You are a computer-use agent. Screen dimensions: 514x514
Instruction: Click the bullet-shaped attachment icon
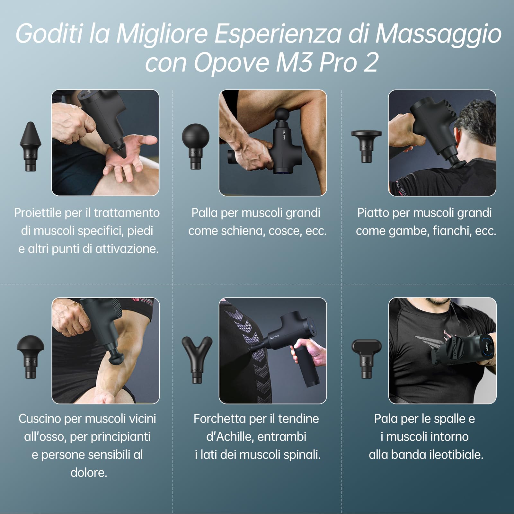coord(31,146)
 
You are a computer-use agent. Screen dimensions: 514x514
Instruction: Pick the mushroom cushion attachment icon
coord(31,355)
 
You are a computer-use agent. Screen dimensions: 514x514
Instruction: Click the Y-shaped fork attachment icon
coord(197,358)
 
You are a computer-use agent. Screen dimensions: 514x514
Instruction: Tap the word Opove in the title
coord(231,63)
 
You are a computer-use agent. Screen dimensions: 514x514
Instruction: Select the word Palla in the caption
coord(204,213)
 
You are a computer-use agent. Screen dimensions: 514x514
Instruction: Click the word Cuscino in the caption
coord(40,419)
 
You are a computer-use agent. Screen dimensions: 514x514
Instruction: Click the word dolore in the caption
coord(88,473)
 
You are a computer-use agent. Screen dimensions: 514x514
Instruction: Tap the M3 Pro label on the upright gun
coord(284,135)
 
